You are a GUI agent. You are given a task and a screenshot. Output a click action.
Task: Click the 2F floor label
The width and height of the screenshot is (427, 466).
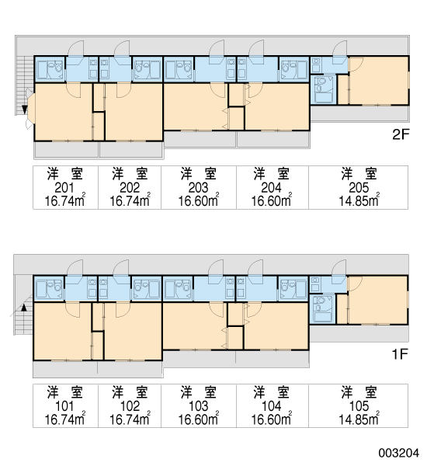[401, 135]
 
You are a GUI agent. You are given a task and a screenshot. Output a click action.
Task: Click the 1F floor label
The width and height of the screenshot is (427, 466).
[400, 354]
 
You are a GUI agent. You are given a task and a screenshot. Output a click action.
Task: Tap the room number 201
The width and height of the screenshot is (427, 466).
[64, 187]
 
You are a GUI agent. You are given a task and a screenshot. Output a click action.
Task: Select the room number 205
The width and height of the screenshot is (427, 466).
[359, 187]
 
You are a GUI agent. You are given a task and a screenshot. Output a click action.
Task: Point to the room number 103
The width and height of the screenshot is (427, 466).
[198, 406]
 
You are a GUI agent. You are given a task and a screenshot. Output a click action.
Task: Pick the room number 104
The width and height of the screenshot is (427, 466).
[272, 406]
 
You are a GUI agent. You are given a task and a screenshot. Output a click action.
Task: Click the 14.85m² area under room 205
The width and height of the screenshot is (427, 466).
[359, 200]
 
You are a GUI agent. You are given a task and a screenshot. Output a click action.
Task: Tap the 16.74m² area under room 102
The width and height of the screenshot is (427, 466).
[130, 419]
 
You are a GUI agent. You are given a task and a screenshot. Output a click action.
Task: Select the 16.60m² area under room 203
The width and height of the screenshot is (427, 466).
[199, 200]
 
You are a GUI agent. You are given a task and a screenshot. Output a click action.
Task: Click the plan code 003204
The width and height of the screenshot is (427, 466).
[399, 454]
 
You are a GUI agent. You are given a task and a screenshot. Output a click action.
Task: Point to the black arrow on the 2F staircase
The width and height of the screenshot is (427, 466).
[24, 110]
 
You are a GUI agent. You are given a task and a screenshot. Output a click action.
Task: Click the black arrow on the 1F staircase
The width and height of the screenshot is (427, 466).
[24, 307]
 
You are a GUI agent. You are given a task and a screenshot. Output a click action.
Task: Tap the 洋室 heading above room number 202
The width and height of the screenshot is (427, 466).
[130, 174]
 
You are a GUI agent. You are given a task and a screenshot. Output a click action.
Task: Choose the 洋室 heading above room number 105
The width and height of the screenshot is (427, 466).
[359, 392]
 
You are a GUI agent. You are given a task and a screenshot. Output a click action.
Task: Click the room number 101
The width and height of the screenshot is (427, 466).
[64, 406]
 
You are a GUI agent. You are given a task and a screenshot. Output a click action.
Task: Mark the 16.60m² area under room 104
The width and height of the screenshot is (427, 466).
[272, 419]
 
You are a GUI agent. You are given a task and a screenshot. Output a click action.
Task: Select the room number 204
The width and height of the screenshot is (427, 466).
[272, 187]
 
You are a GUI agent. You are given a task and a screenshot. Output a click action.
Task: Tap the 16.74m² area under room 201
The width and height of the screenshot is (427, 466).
[65, 200]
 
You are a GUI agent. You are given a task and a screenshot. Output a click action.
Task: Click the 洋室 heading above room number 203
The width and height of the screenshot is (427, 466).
[199, 174]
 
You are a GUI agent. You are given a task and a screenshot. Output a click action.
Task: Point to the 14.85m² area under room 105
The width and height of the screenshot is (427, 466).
[359, 419]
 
